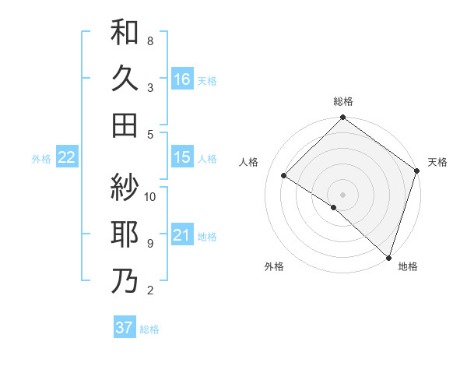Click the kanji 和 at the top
(x=125, y=33)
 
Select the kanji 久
(x=125, y=78)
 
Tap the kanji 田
(x=125, y=125)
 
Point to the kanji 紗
(x=125, y=187)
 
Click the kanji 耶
(x=125, y=234)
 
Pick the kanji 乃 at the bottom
(x=125, y=281)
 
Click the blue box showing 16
(x=181, y=79)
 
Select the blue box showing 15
(x=181, y=157)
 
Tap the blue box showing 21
(x=181, y=235)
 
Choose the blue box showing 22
(x=67, y=157)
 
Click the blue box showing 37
(x=125, y=328)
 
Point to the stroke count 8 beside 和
(x=150, y=40)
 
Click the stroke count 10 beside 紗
(x=151, y=196)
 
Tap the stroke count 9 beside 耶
(x=150, y=243)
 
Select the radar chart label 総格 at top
(x=343, y=102)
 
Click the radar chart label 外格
(x=274, y=266)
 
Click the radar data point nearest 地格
(x=388, y=257)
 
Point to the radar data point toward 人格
(x=284, y=176)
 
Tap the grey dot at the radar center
(x=343, y=194)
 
